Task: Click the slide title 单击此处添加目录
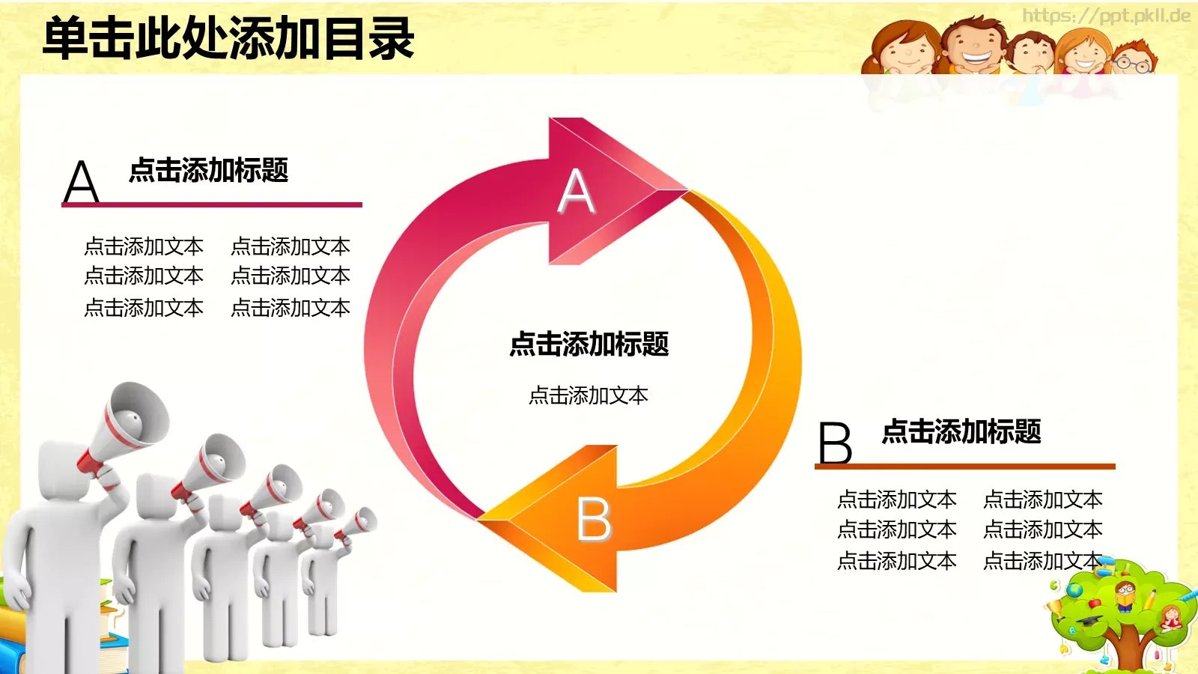click(228, 39)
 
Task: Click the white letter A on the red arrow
click(577, 191)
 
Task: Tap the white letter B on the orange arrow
click(595, 519)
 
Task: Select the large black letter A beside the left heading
click(82, 182)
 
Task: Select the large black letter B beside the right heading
click(835, 443)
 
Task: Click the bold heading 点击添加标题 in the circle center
click(589, 344)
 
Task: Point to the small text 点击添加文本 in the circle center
click(589, 395)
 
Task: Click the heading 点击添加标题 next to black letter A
click(209, 171)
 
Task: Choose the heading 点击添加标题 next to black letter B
click(961, 432)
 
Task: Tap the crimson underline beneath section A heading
click(212, 204)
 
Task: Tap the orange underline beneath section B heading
click(965, 467)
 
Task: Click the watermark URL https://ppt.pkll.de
click(1106, 16)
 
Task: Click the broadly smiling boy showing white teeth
click(976, 46)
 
